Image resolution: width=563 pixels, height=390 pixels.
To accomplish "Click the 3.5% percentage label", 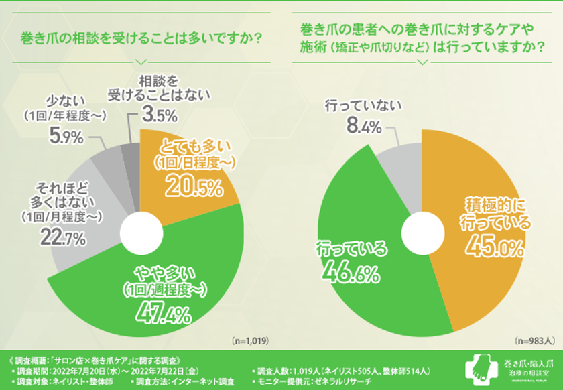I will tap(160, 115).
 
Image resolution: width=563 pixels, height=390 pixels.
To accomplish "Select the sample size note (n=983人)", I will tap(533, 341).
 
